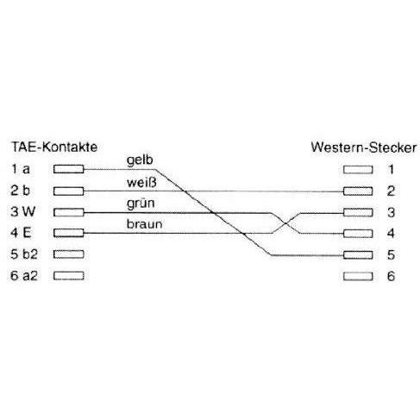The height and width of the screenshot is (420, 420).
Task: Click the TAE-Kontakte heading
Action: coord(54,147)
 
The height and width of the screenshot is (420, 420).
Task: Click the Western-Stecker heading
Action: coord(364,147)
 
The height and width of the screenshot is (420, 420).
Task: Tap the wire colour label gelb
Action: coord(140,160)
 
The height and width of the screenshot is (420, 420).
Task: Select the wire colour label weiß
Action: coord(141,183)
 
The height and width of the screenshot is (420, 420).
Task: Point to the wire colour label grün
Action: coord(141,204)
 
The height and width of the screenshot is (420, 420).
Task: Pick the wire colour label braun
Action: coord(144,224)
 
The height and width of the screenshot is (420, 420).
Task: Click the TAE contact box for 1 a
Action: coord(68,169)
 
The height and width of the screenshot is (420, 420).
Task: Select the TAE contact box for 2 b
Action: coord(68,191)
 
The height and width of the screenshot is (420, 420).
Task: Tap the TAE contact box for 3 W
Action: coord(68,212)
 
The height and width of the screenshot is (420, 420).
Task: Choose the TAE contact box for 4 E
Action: coord(68,233)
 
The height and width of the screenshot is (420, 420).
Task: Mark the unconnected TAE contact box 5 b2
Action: coord(68,254)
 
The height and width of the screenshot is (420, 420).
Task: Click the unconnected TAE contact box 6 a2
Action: coord(68,276)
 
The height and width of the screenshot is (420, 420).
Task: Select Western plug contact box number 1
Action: coord(358,170)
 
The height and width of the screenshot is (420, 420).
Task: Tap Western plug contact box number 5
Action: coord(358,255)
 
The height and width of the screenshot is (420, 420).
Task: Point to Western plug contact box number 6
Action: coord(358,276)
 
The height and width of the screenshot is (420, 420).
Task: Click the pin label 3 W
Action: coord(23,212)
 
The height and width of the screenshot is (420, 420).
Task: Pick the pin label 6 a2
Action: coord(24,276)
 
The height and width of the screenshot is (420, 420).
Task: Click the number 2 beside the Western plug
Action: coord(391,191)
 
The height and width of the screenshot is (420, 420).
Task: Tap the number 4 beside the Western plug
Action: coord(391,233)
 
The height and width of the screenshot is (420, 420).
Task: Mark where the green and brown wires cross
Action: coord(285,223)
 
